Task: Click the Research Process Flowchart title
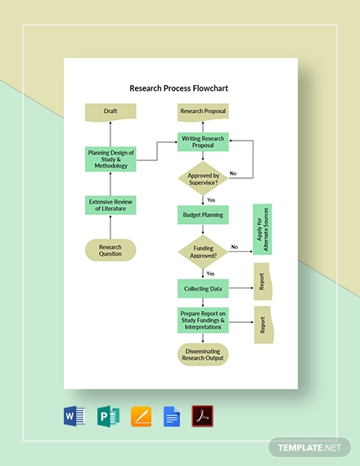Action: pos(179,87)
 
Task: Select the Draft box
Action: pos(110,112)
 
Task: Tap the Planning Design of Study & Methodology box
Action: pos(110,159)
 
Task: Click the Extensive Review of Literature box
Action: pos(110,205)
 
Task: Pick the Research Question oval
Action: pos(110,249)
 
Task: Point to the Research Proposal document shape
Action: pos(203,112)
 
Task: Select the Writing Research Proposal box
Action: pos(203,141)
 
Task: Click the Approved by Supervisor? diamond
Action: pos(203,179)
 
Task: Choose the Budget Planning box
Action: pos(203,215)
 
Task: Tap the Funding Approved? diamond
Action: pos(203,252)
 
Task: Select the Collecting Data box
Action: pos(203,288)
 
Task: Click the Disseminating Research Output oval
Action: pos(203,354)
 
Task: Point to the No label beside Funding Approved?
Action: pos(235,247)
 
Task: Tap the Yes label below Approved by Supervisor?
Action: pos(211,199)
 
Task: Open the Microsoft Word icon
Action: pos(74,416)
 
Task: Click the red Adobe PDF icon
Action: pos(202,416)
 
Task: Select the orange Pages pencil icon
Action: pos(139,416)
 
